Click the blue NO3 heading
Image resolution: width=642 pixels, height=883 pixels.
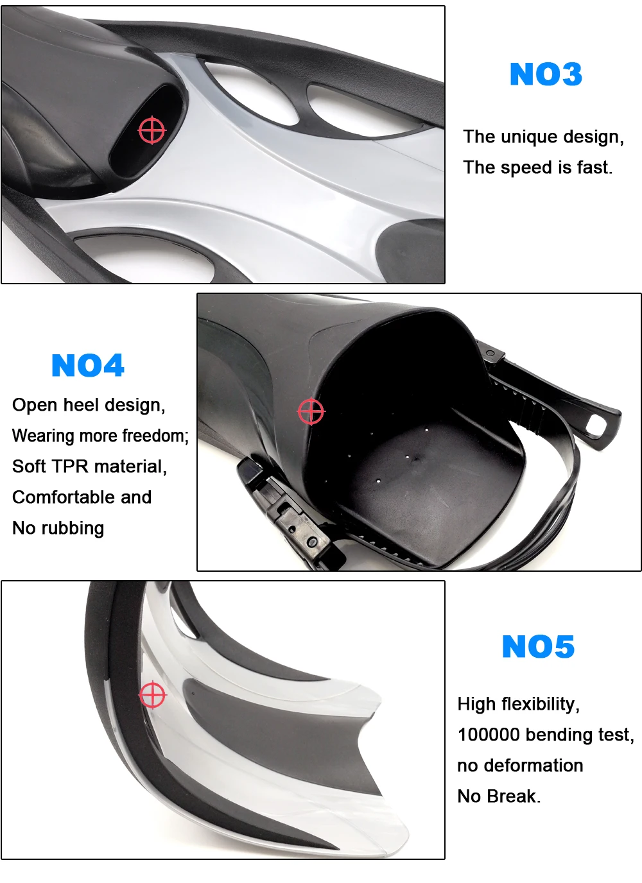click(x=546, y=74)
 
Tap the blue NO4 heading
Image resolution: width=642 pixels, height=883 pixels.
click(x=87, y=365)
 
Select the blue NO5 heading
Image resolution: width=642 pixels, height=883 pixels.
click(x=538, y=646)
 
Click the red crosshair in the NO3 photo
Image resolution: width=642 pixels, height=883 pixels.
click(x=152, y=130)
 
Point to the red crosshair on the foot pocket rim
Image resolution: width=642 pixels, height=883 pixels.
click(x=311, y=411)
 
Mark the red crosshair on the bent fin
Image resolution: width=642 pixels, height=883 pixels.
click(x=153, y=694)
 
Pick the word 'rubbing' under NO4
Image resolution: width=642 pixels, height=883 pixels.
click(x=73, y=529)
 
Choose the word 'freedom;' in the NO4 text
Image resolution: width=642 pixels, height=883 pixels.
click(x=155, y=436)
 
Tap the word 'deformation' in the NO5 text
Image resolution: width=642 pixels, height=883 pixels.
click(x=533, y=766)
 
